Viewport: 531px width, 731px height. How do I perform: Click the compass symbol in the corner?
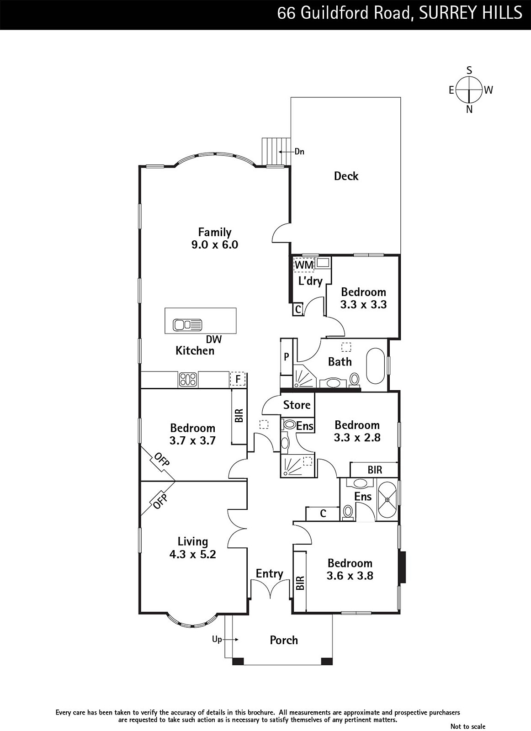469,90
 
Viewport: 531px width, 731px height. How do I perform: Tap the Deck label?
346,176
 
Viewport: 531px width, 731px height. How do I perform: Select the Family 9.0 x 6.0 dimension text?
215,244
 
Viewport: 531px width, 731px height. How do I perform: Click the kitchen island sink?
188,325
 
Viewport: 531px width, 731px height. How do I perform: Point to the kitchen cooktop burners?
188,380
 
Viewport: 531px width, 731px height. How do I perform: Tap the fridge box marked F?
238,379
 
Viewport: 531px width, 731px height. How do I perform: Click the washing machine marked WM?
304,265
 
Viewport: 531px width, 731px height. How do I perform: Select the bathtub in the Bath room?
376,366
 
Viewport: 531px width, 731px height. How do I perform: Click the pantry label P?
287,357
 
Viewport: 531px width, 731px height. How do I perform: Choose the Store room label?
297,405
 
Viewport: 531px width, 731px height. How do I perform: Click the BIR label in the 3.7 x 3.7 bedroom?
239,415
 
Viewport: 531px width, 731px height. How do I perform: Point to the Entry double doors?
270,589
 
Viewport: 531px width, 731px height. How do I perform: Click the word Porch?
284,640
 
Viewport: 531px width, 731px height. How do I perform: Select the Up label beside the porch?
217,639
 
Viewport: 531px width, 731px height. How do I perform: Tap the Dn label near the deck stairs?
299,151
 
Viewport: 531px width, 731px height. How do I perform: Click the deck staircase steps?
276,152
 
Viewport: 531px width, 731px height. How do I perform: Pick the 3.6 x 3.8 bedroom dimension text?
350,576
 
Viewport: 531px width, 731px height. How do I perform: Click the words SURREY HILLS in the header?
470,13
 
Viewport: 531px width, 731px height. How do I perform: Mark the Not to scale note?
467,726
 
